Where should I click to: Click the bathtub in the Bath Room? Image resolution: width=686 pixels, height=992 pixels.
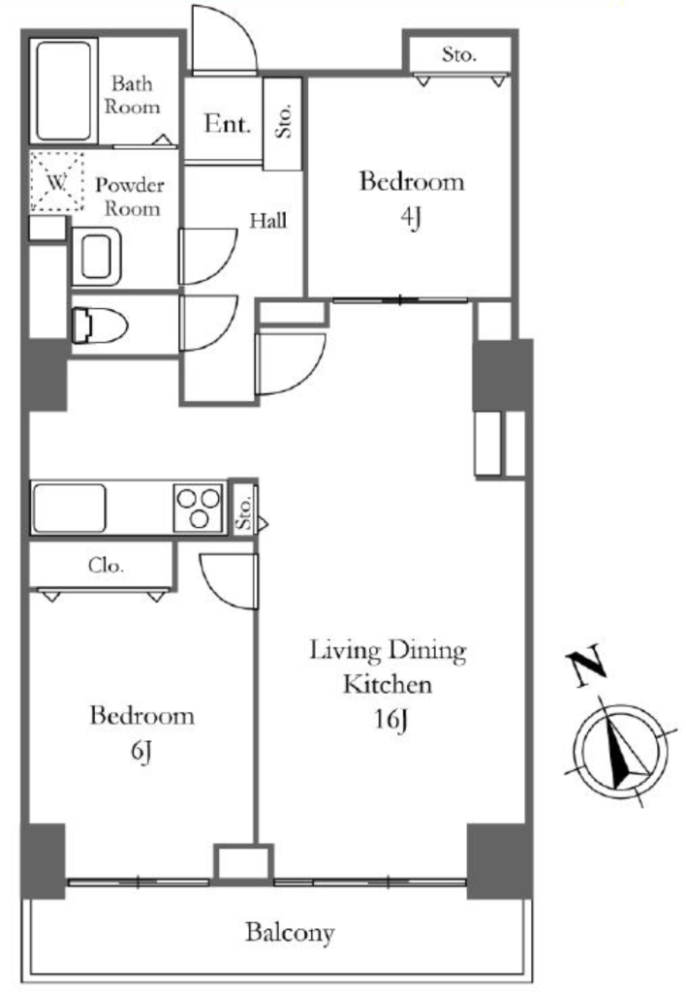[63, 90]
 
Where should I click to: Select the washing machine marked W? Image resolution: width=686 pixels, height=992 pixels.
[57, 181]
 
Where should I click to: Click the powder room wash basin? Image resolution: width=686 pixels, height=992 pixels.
[96, 256]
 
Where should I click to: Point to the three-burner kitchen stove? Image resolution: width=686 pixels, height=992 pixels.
[199, 508]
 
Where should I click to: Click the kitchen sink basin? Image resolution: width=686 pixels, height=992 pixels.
[69, 508]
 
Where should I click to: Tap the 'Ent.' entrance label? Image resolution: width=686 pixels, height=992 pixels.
[227, 123]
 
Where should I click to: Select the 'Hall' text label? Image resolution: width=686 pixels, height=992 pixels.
[267, 221]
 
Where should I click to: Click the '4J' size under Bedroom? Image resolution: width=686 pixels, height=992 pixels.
[411, 218]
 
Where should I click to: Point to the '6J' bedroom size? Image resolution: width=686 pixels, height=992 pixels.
[141, 751]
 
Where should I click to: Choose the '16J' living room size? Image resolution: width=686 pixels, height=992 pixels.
[390, 720]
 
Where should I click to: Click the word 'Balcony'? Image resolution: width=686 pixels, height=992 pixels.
[290, 933]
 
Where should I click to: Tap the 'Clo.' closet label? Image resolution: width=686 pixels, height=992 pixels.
[106, 565]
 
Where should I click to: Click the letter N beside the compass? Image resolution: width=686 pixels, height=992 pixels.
[586, 666]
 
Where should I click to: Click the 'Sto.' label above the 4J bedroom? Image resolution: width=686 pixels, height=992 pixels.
[459, 54]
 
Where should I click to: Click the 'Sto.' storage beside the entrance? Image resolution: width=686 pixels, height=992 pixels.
[283, 120]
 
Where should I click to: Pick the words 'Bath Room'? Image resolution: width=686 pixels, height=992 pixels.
[132, 94]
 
